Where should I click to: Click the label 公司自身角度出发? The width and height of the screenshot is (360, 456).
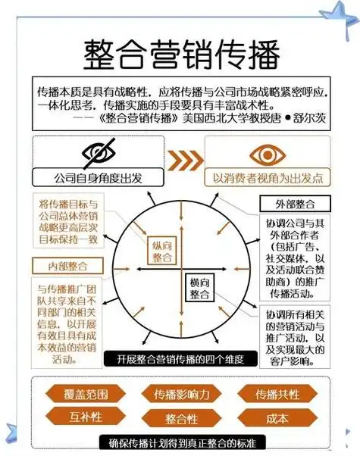(98, 179)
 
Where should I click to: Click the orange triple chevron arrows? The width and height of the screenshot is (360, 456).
(183, 161)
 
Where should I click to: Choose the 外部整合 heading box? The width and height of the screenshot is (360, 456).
(289, 205)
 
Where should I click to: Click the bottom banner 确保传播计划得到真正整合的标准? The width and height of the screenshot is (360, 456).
(180, 443)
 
